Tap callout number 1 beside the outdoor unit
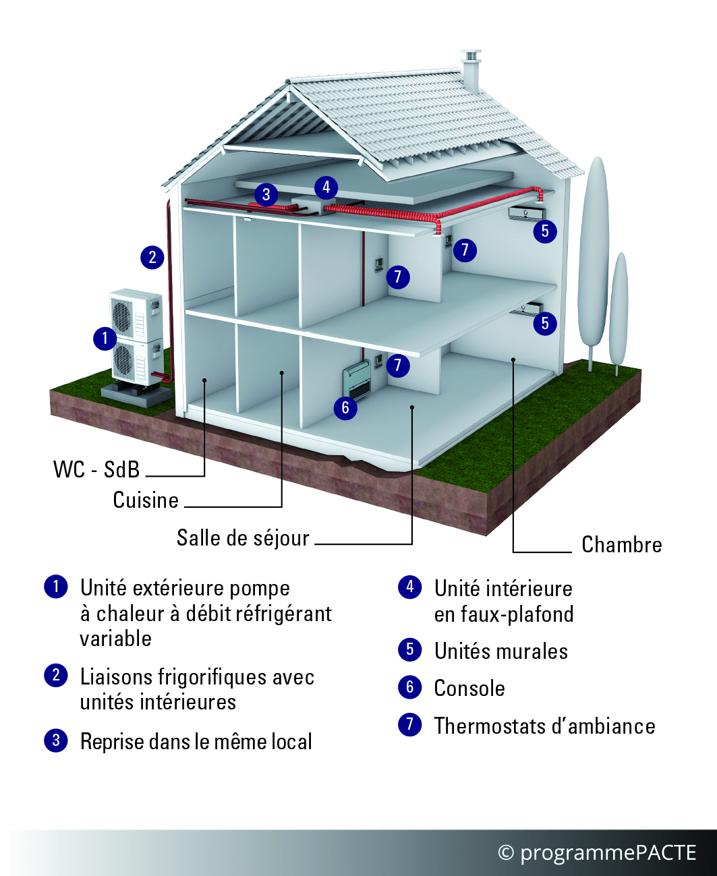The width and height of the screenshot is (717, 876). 105,338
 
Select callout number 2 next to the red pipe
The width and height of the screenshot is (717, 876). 152,257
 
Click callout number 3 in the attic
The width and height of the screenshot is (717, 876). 266,194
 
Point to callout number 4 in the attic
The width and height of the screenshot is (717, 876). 326,187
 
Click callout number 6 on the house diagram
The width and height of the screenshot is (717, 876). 345,408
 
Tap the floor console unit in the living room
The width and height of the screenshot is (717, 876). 357,382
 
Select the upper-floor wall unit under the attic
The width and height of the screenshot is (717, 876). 526,214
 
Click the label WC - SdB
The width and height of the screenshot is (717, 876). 96,470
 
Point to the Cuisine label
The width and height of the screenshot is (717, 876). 146,500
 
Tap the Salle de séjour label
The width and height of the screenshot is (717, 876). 243,538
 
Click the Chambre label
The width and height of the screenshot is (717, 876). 621,544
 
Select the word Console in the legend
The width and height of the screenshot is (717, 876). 469,689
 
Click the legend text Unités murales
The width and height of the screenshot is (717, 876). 501,651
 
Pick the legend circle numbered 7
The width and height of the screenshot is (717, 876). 410,724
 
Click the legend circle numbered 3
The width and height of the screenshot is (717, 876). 56,740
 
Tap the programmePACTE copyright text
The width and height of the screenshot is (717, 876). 596,852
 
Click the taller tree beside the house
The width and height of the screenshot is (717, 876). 593,262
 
